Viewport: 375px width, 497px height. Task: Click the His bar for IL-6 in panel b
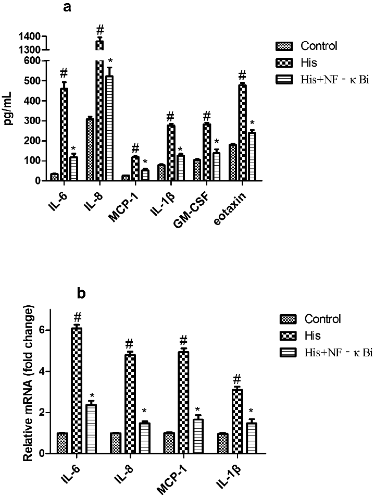coord(77,391)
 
